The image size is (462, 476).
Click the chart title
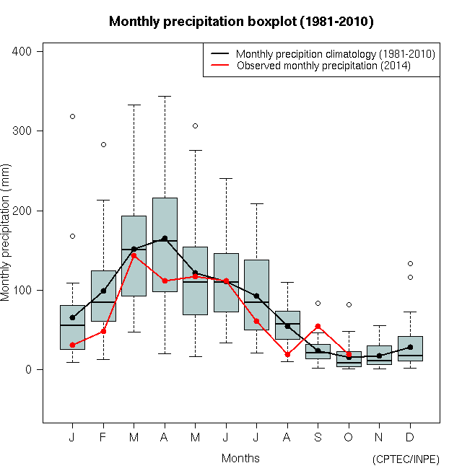pos(241,22)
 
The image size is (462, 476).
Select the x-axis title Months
pos(240,458)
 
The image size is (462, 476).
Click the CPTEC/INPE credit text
pos(406,459)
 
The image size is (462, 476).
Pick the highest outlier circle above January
pos(72,116)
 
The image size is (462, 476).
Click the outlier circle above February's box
pos(103,144)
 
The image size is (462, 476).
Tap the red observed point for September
pos(318,326)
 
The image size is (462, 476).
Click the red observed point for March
pos(134,255)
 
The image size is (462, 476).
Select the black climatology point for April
pos(165,238)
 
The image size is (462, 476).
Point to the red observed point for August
pos(287,354)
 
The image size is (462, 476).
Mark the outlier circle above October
pos(349,305)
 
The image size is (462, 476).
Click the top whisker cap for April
pos(165,96)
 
